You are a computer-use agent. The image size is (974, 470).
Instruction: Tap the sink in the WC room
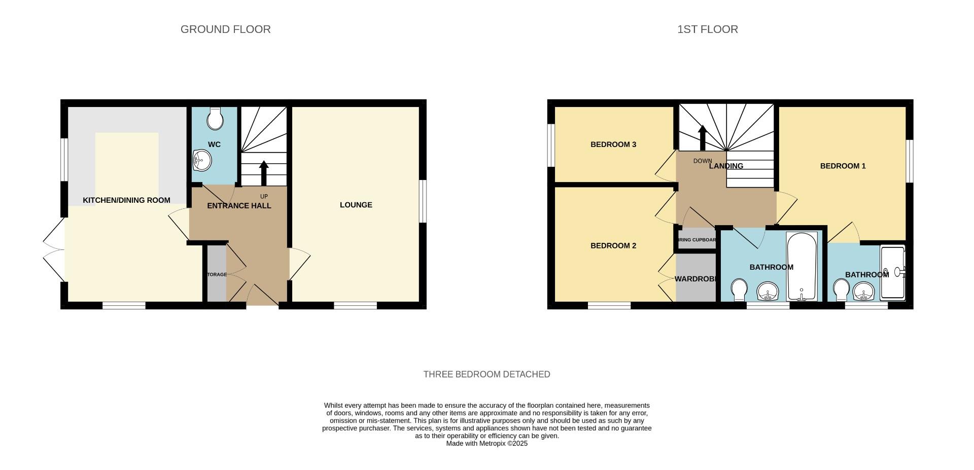pos(202,161)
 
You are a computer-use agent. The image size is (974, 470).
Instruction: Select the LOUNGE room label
pos(356,205)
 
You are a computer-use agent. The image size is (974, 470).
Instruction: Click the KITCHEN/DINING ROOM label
pos(126,200)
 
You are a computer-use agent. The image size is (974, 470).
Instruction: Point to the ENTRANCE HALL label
pos(239,206)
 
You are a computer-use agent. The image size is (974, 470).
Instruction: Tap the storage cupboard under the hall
pos(217,274)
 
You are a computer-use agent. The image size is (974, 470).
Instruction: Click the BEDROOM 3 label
pos(613,144)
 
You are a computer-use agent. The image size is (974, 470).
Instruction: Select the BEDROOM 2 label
pos(613,246)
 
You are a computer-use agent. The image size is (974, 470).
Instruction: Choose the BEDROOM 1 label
pos(843,166)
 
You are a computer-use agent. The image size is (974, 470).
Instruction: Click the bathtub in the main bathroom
pos(802,266)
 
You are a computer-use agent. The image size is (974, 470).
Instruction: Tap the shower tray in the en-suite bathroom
pos(892,272)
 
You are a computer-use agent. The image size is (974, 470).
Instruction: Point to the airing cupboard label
pos(697,240)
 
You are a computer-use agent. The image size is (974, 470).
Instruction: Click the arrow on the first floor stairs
pos(703,137)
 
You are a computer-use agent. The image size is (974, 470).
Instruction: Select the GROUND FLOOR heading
pos(226,29)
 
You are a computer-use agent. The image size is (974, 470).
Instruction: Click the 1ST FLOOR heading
pos(707,29)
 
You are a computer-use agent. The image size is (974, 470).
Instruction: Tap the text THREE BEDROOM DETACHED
pos(486,374)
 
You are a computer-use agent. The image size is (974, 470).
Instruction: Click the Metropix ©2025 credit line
pos(486,443)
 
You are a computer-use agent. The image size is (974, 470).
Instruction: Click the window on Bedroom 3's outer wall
pos(550,144)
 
